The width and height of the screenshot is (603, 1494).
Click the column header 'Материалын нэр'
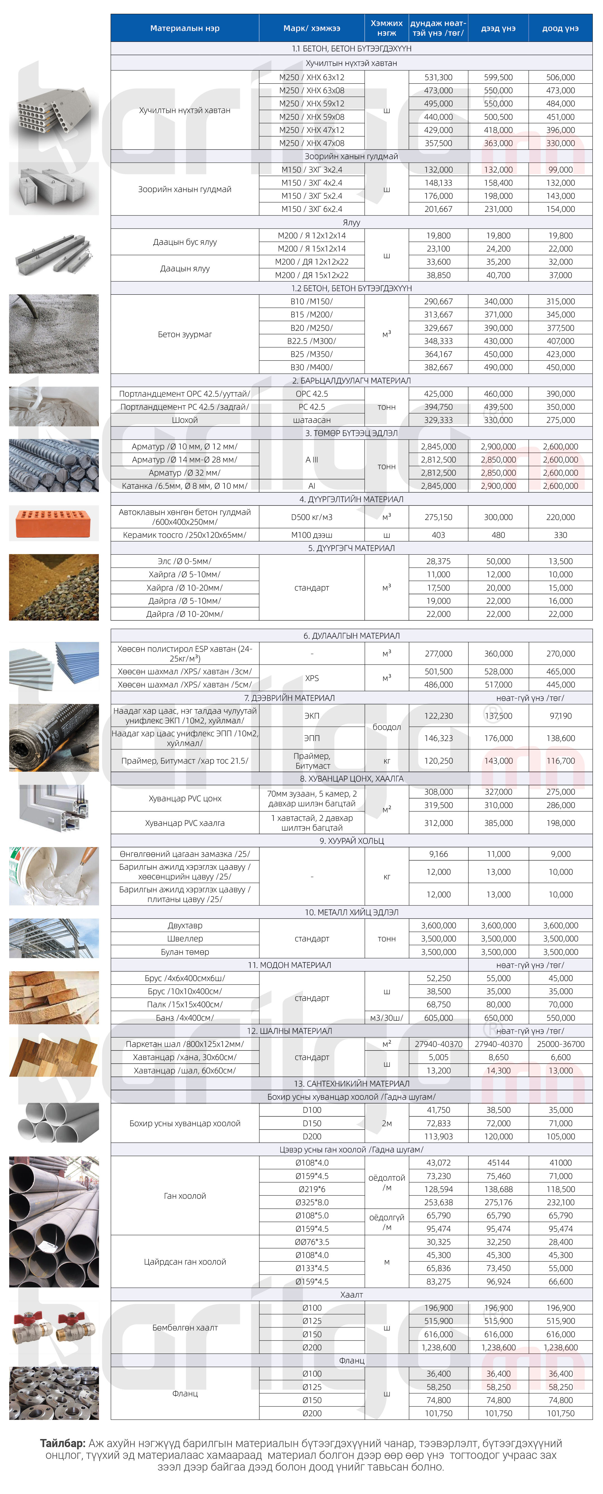185,28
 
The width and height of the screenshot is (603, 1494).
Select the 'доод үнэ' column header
560,28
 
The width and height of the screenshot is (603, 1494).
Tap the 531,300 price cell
438,77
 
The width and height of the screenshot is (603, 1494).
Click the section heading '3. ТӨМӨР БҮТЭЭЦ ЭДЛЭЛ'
351,433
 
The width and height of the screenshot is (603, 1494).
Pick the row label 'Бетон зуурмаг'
185,334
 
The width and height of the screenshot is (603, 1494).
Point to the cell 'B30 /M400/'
312,367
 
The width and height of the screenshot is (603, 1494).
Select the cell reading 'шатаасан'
312,420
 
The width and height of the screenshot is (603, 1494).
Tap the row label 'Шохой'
185,420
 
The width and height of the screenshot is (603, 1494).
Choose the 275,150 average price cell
438,517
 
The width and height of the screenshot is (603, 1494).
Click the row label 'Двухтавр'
185,926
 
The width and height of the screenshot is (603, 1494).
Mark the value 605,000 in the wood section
438,1018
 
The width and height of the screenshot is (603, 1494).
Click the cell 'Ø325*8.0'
312,1202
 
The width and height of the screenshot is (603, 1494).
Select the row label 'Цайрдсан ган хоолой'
185,1262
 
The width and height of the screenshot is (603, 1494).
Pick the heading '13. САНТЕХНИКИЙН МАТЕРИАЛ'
351,1083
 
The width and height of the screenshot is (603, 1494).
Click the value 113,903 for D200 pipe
438,1136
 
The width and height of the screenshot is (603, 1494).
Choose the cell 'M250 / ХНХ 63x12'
312,77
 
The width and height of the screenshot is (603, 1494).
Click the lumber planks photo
53,997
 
